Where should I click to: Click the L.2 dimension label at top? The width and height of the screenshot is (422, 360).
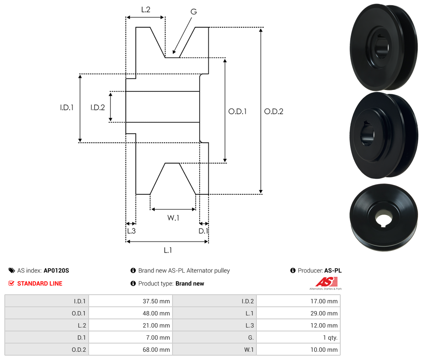pyautogui.click(x=146, y=10)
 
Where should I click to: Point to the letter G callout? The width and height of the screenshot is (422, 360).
pyautogui.click(x=194, y=12)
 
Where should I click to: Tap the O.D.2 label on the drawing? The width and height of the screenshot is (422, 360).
pyautogui.click(x=273, y=112)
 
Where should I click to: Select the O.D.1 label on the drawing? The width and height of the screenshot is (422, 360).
pyautogui.click(x=237, y=112)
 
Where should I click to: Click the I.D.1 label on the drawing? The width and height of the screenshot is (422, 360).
pyautogui.click(x=67, y=108)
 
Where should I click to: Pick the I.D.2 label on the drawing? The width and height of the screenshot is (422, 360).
pyautogui.click(x=97, y=108)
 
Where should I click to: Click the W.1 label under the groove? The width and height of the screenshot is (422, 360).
pyautogui.click(x=173, y=218)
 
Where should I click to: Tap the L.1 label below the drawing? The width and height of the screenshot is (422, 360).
pyautogui.click(x=168, y=251)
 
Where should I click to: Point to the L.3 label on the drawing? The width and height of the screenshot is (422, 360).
pyautogui.click(x=131, y=231)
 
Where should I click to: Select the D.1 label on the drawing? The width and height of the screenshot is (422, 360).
pyautogui.click(x=203, y=231)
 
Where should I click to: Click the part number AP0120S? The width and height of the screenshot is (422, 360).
pyautogui.click(x=56, y=270)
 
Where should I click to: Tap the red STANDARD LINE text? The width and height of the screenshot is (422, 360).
pyautogui.click(x=40, y=283)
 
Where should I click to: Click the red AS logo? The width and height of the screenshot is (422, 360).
pyautogui.click(x=326, y=282)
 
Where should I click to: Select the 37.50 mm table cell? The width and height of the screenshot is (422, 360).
pyautogui.click(x=131, y=301)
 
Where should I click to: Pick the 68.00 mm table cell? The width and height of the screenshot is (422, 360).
pyautogui.click(x=131, y=350)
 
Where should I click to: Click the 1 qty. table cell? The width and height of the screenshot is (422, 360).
pyautogui.click(x=298, y=337)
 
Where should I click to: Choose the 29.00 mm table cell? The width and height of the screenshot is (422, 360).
pyautogui.click(x=298, y=313)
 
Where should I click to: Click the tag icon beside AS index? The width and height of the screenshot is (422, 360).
pyautogui.click(x=12, y=270)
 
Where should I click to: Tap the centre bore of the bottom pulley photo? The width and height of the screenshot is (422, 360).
pyautogui.click(x=383, y=219)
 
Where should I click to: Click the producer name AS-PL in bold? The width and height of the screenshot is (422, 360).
pyautogui.click(x=333, y=270)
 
